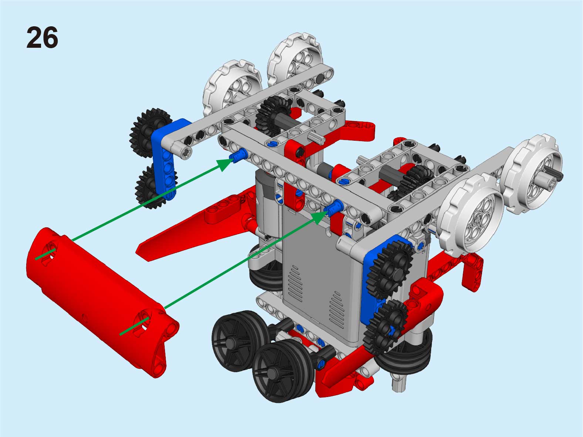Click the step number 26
(x=42, y=37)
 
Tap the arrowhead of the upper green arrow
(x=225, y=164)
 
